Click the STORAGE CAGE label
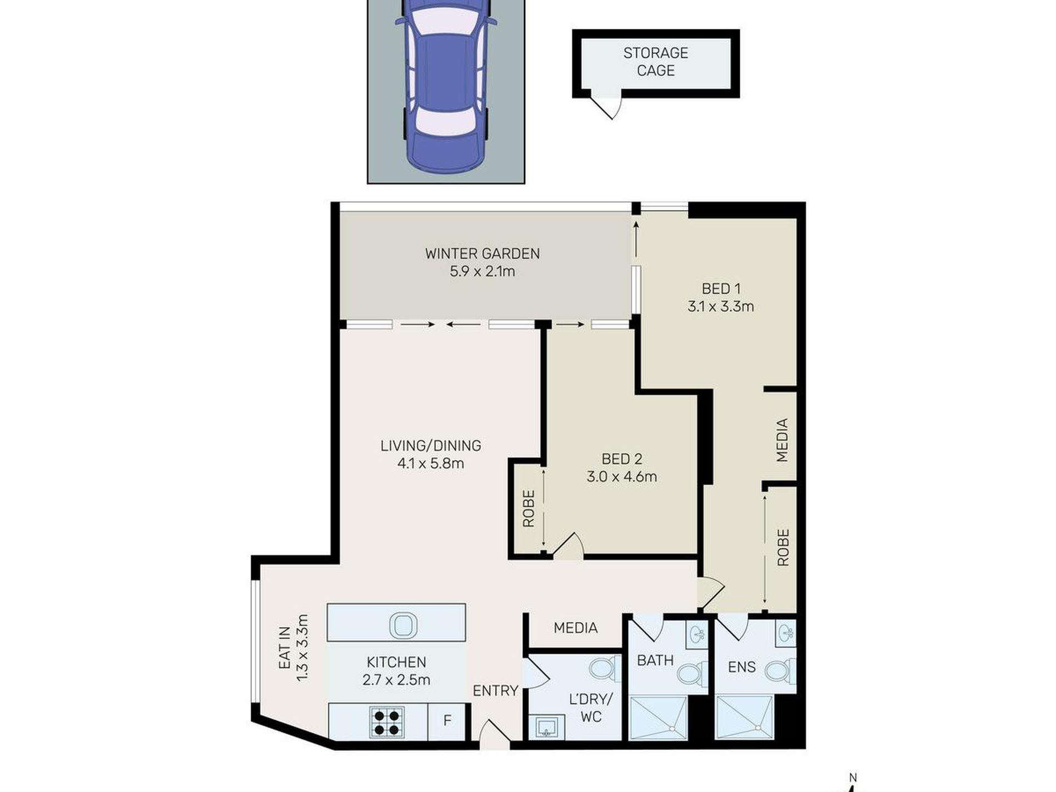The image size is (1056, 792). click(x=656, y=62)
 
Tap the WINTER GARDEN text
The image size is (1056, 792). click(x=482, y=253)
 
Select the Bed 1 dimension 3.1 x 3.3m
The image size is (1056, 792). click(x=721, y=306)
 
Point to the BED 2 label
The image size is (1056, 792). click(x=622, y=459)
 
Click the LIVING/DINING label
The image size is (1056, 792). click(x=431, y=445)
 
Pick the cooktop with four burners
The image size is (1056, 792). click(x=387, y=721)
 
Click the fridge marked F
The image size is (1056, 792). click(x=446, y=721)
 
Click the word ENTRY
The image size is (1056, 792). click(x=495, y=690)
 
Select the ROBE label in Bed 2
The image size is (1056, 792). click(x=529, y=508)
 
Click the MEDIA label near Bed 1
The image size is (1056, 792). click(x=782, y=440)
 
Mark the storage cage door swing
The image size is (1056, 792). click(x=606, y=109)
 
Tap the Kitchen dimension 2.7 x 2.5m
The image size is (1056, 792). click(x=396, y=680)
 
